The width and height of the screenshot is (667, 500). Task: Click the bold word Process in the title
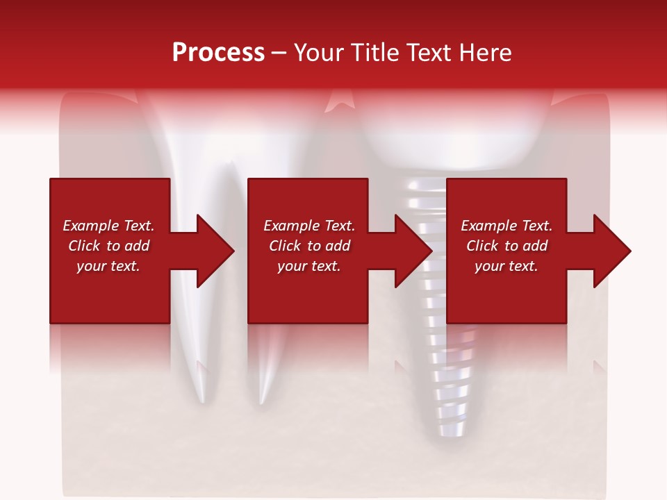click(218, 53)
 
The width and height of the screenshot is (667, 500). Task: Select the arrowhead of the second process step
click(413, 251)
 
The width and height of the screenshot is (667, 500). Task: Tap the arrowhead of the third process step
click(611, 251)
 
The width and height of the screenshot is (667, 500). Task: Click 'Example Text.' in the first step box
click(108, 226)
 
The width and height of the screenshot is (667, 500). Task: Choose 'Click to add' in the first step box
click(108, 246)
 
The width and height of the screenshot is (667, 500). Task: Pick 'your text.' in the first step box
click(108, 266)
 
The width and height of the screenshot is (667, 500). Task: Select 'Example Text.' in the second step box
click(309, 226)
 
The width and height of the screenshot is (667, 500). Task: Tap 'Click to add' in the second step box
click(309, 246)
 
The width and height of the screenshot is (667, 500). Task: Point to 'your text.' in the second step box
click(309, 266)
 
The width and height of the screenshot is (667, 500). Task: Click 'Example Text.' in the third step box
click(507, 226)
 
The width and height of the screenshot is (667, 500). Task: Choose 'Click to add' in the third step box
click(507, 246)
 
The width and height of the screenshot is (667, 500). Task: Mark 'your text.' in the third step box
click(507, 266)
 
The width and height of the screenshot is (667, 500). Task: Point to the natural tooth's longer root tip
click(201, 399)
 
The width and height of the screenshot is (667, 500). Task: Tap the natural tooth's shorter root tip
click(262, 400)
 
